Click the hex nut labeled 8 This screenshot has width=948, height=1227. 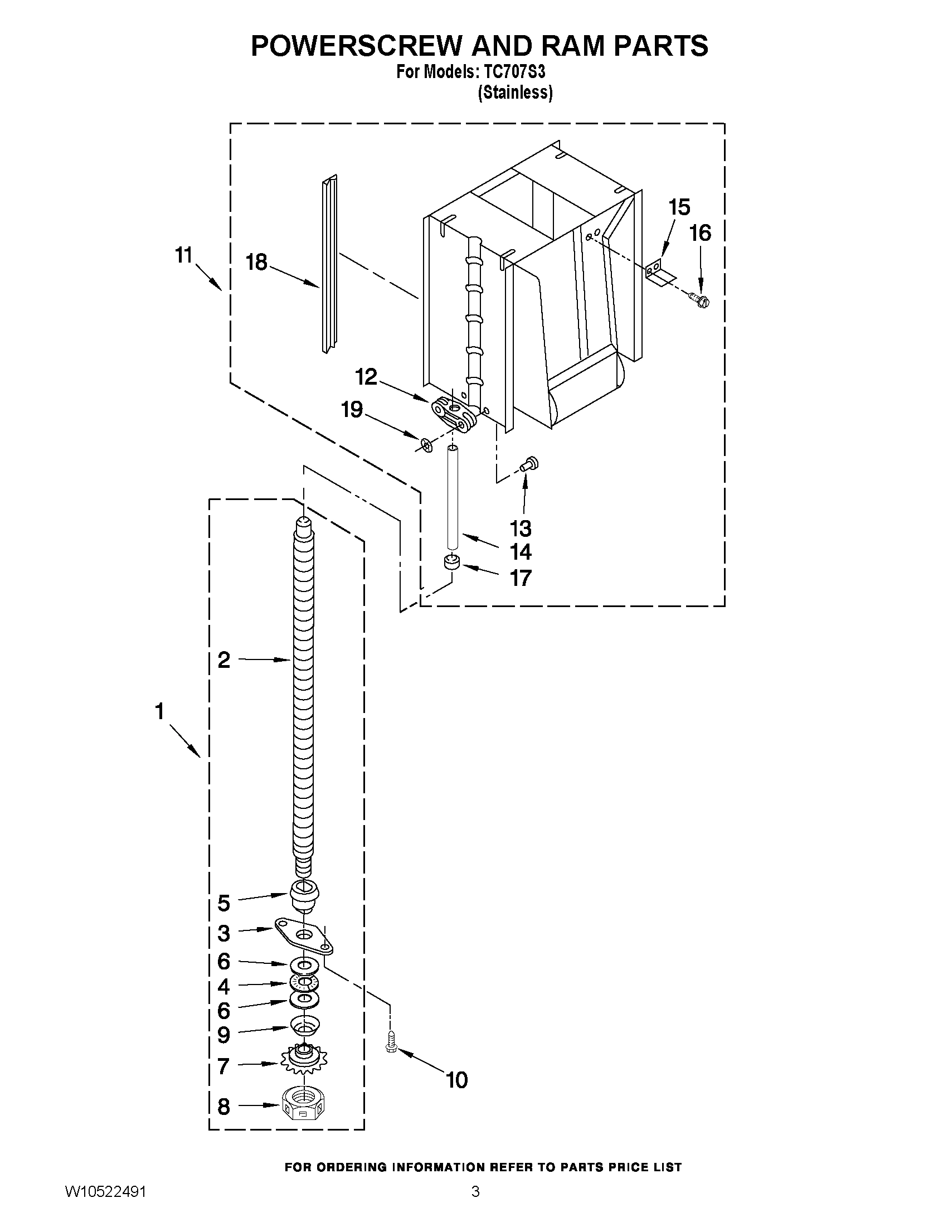[x=304, y=1103]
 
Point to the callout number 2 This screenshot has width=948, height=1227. [x=224, y=660]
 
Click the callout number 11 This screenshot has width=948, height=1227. [x=184, y=256]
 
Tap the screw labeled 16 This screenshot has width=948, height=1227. [x=701, y=299]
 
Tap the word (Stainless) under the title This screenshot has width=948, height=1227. [x=515, y=93]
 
